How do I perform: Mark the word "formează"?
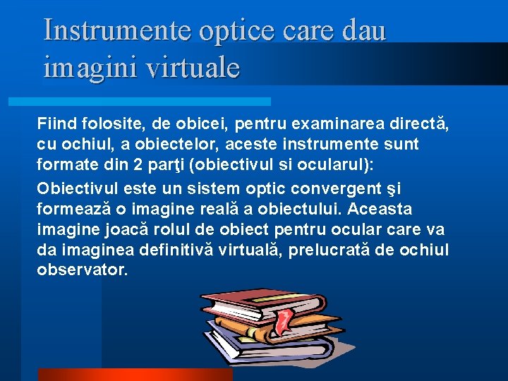(x=71, y=210)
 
